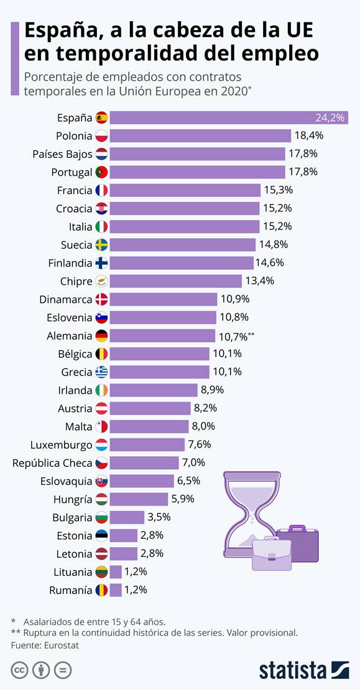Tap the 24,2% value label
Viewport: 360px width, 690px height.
point(330,117)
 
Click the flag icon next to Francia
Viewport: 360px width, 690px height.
point(101,190)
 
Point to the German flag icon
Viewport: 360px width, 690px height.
point(101,336)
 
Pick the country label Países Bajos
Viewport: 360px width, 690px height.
point(62,154)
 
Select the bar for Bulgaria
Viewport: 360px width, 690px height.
point(127,517)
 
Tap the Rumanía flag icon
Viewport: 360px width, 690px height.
point(101,590)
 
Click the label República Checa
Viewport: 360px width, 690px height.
point(52,462)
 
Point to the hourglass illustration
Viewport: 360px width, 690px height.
point(248,513)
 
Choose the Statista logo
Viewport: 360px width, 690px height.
point(303,669)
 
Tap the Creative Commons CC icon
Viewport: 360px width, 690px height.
point(20,670)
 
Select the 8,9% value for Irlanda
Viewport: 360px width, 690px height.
point(211,390)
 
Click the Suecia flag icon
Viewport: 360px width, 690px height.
point(101,245)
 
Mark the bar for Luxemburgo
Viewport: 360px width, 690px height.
point(147,444)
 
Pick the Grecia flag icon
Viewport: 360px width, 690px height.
point(101,372)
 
